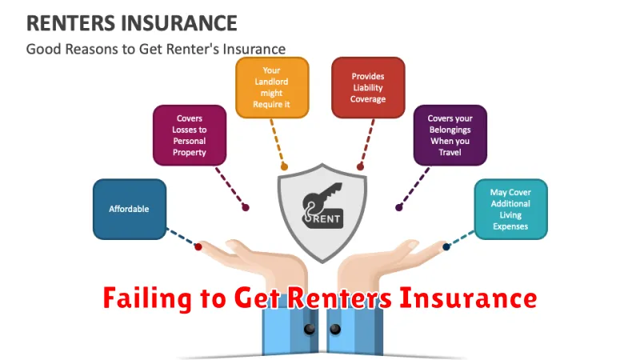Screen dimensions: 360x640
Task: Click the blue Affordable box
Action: coord(130,209)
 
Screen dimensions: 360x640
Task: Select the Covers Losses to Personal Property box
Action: coord(190,135)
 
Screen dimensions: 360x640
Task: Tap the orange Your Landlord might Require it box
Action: coord(272,88)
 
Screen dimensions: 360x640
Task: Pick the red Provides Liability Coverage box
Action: coord(368,88)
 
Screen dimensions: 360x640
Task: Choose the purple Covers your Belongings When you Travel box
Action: coord(450,135)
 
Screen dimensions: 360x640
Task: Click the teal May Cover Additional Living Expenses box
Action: coord(510,209)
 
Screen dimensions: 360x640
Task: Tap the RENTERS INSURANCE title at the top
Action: coord(131,22)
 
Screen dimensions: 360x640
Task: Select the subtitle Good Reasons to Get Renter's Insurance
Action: coord(155,49)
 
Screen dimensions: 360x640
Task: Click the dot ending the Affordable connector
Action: coord(198,247)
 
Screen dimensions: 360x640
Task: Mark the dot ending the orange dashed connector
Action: coord(283,168)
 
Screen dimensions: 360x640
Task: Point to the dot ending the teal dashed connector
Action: coord(446,247)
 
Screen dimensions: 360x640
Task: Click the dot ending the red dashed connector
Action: coord(360,168)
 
